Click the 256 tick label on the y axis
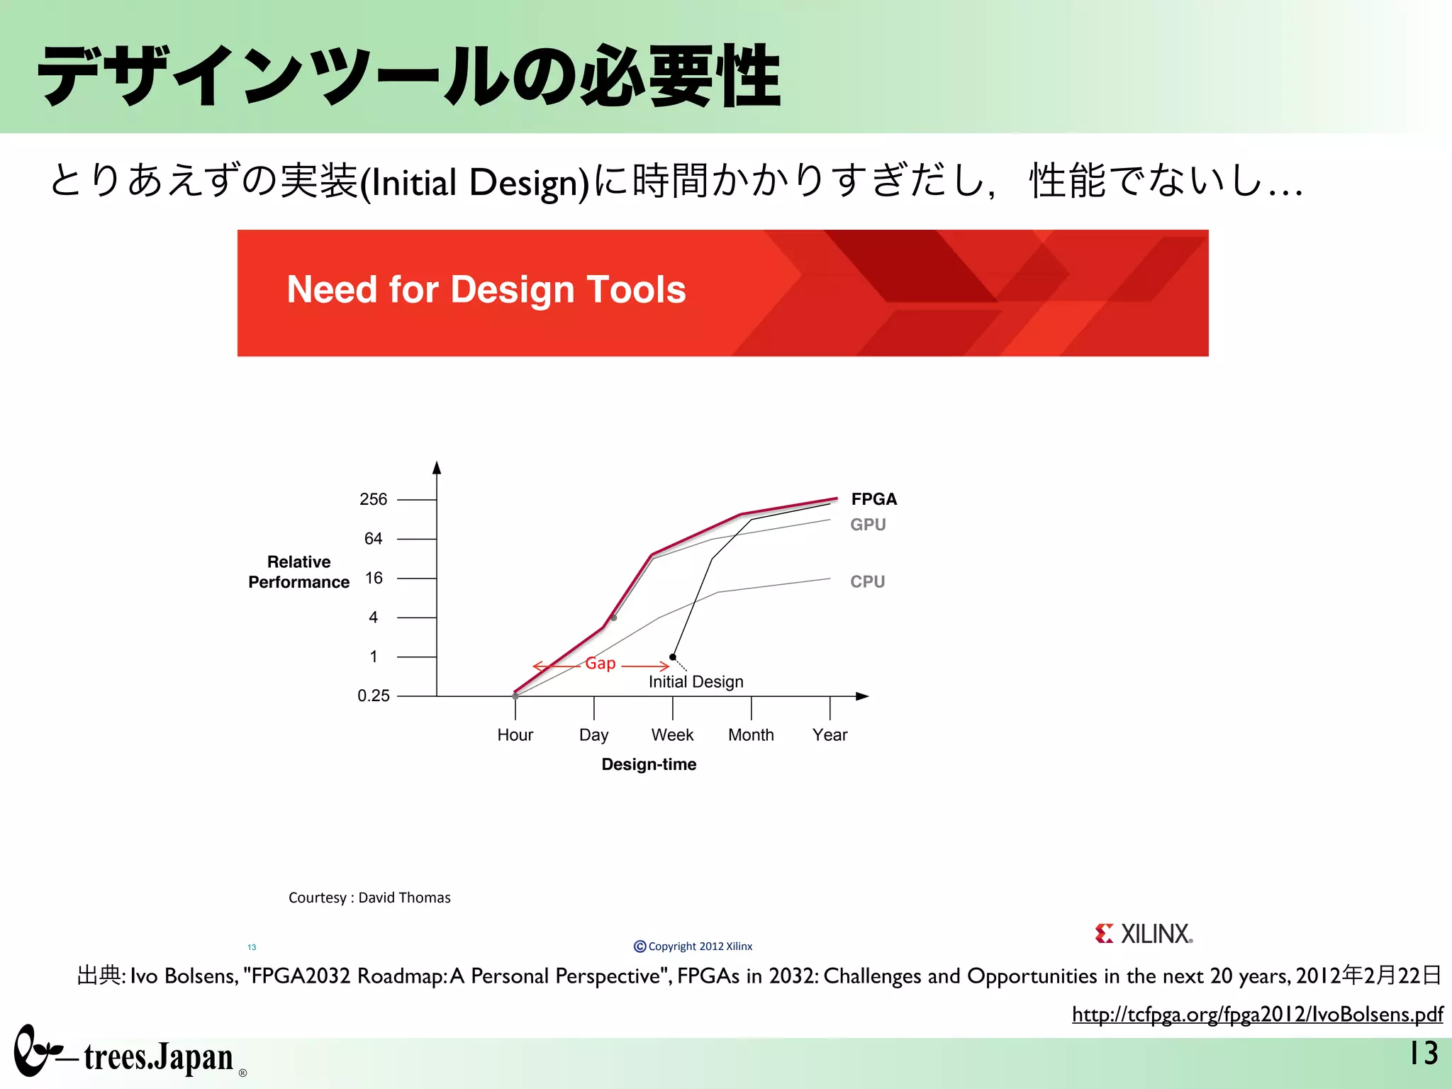pos(373,499)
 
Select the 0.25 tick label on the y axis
pos(373,696)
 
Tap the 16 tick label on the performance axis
pos(374,578)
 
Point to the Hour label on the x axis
pos(515,735)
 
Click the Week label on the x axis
pos(672,735)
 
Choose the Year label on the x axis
pos(830,735)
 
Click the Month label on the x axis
pos(751,735)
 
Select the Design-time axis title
pos(649,764)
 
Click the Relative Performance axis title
pos(298,572)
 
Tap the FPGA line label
pos(873,499)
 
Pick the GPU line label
pos(868,525)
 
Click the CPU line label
pos(867,581)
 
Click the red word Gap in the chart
pos(600,664)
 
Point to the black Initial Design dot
pos(673,657)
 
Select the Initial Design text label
pos(696,682)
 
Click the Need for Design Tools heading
pos(486,290)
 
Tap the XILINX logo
pos(1144,934)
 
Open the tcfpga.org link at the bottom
pos(1257,1015)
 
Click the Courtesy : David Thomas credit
pos(369,898)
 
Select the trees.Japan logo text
pos(158,1057)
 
